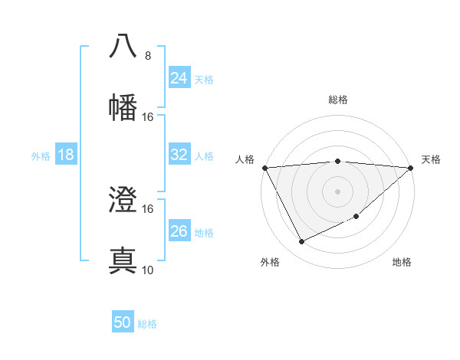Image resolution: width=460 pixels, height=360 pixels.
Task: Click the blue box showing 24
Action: click(x=179, y=78)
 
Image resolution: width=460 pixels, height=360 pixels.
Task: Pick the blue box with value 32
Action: click(x=179, y=155)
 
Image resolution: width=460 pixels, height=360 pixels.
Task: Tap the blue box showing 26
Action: click(x=179, y=231)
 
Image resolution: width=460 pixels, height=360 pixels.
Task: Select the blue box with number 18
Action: click(x=66, y=155)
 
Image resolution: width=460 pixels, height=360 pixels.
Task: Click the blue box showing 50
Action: click(x=123, y=322)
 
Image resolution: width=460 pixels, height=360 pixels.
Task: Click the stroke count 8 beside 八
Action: click(x=148, y=56)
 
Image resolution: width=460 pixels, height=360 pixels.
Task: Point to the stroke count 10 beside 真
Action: click(x=148, y=270)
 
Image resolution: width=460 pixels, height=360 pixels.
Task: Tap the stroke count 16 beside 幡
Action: click(x=148, y=117)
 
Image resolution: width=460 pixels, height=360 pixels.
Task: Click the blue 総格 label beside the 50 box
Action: click(x=148, y=324)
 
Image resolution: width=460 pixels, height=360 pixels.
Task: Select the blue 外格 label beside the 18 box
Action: click(x=41, y=156)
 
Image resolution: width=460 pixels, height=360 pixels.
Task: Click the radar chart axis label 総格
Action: click(x=338, y=100)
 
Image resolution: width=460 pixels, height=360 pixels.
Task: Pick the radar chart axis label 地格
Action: click(x=402, y=263)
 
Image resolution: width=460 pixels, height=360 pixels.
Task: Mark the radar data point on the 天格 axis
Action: click(x=411, y=168)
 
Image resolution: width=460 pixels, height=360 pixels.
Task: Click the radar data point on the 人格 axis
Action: click(x=264, y=168)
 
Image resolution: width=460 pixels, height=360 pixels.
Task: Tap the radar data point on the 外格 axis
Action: click(x=301, y=242)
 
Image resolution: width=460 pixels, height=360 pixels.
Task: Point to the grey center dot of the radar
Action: click(x=338, y=191)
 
